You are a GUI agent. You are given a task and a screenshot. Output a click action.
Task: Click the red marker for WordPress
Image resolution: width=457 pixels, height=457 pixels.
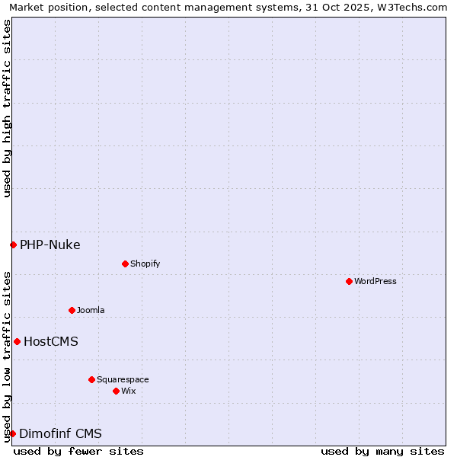click(349, 281)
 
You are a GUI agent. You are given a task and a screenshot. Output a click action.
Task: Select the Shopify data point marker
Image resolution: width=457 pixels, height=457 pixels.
click(125, 264)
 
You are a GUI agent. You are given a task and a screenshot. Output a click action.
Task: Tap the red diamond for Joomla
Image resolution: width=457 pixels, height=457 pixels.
click(72, 310)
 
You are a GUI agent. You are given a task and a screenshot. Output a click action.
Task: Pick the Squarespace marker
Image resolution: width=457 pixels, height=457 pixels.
click(91, 379)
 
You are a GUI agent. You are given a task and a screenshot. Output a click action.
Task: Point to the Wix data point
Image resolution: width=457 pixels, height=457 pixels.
click(116, 391)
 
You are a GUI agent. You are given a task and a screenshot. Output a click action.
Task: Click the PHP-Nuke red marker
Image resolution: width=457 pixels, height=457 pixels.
click(13, 244)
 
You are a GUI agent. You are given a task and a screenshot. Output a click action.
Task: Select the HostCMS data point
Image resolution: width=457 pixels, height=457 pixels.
click(17, 341)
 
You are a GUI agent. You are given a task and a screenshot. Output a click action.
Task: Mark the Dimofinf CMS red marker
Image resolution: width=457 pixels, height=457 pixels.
click(12, 433)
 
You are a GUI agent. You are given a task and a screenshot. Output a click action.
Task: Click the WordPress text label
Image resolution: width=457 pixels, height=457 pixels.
click(376, 281)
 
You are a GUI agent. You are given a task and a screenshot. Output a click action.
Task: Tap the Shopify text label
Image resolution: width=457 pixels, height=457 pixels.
click(145, 264)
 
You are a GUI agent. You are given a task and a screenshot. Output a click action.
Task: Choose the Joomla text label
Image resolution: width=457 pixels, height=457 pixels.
click(91, 310)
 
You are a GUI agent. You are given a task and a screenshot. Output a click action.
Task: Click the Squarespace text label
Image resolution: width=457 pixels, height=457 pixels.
click(123, 379)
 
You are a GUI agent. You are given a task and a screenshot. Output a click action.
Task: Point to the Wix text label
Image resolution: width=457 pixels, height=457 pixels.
click(128, 391)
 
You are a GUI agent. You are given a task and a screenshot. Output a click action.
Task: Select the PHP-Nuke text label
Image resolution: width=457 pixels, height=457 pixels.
click(50, 244)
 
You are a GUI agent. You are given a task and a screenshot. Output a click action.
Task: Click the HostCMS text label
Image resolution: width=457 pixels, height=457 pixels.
click(50, 341)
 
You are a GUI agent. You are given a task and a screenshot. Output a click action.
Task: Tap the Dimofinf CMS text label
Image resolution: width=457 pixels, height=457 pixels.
click(60, 433)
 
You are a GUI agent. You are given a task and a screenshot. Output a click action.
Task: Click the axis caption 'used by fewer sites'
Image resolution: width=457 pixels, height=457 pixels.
click(78, 451)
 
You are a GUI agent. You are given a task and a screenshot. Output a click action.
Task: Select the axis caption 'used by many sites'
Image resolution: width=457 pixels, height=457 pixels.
click(382, 451)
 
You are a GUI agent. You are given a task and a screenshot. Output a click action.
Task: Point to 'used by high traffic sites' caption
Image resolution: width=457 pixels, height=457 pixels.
click(8, 108)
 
